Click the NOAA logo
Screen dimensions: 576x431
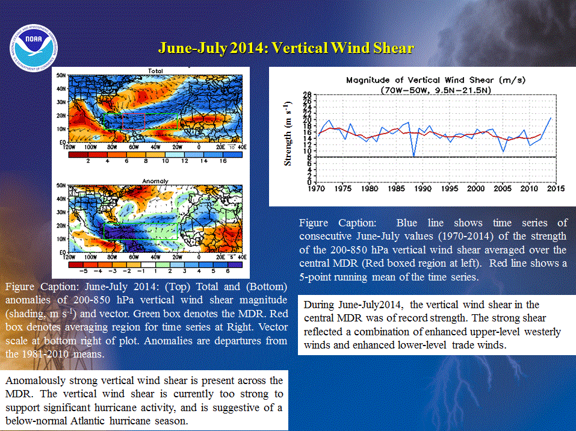point(34,48)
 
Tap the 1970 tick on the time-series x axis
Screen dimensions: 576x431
point(316,188)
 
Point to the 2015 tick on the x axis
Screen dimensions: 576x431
point(556,188)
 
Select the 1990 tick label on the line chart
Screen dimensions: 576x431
point(423,188)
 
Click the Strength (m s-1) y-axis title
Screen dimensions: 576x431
point(288,134)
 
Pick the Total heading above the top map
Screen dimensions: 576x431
point(155,71)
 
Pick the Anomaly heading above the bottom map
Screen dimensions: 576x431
point(155,181)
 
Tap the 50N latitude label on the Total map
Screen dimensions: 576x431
point(61,75)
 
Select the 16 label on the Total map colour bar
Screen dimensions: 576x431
point(223,161)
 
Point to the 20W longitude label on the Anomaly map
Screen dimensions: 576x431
point(178,257)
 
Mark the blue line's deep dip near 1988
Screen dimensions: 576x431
point(414,156)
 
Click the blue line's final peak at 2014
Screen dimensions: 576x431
point(551,118)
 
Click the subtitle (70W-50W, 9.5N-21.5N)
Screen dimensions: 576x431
point(436,90)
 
